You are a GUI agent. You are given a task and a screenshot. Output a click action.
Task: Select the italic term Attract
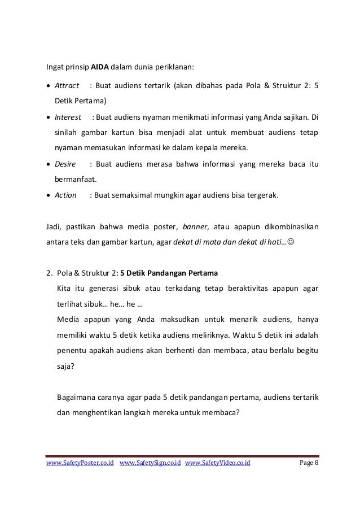click(x=66, y=86)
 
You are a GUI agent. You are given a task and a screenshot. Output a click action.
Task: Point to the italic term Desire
click(x=64, y=164)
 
